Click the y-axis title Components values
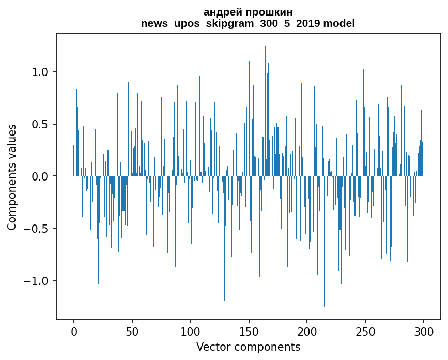click(x=12, y=176)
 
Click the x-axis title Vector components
click(x=248, y=347)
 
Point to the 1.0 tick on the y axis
click(x=40, y=72)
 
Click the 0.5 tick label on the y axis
click(x=40, y=124)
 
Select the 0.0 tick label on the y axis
click(x=40, y=176)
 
